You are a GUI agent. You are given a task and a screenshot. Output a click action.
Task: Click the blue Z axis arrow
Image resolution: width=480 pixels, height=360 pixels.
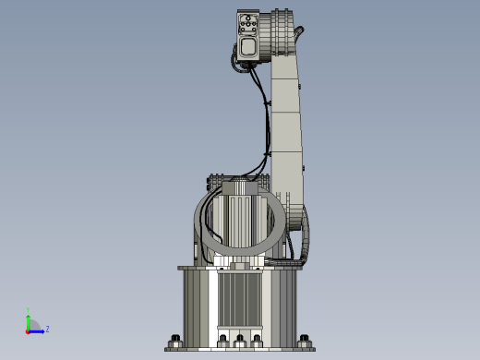tap(38, 330)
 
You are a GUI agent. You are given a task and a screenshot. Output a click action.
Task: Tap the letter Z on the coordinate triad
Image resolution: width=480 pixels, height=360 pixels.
tap(47, 329)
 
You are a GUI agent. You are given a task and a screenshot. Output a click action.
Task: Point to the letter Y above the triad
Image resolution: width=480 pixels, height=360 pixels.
tap(29, 310)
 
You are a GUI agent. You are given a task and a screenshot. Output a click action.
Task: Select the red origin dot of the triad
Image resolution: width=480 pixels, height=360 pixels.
tap(29, 330)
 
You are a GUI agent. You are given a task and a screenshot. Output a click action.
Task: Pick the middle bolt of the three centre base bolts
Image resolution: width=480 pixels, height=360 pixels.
tap(240, 340)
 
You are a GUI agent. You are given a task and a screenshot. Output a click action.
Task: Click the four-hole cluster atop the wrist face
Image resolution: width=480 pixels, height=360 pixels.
tap(247, 26)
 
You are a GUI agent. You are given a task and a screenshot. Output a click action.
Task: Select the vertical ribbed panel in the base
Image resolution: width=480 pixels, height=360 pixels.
tap(240, 299)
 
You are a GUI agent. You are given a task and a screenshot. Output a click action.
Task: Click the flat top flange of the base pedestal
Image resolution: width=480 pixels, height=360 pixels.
tap(240, 268)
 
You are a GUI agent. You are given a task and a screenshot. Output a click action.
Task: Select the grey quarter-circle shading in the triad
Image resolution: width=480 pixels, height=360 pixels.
tap(34, 325)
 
